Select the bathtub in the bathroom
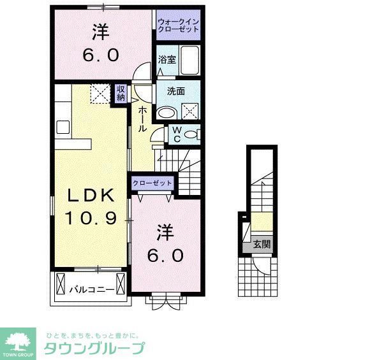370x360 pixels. (x=188, y=61)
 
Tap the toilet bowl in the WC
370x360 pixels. (x=194, y=134)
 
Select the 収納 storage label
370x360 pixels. (x=121, y=94)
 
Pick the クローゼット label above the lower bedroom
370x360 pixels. (x=152, y=184)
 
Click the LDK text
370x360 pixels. (x=90, y=195)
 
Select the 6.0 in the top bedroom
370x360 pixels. (x=100, y=55)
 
